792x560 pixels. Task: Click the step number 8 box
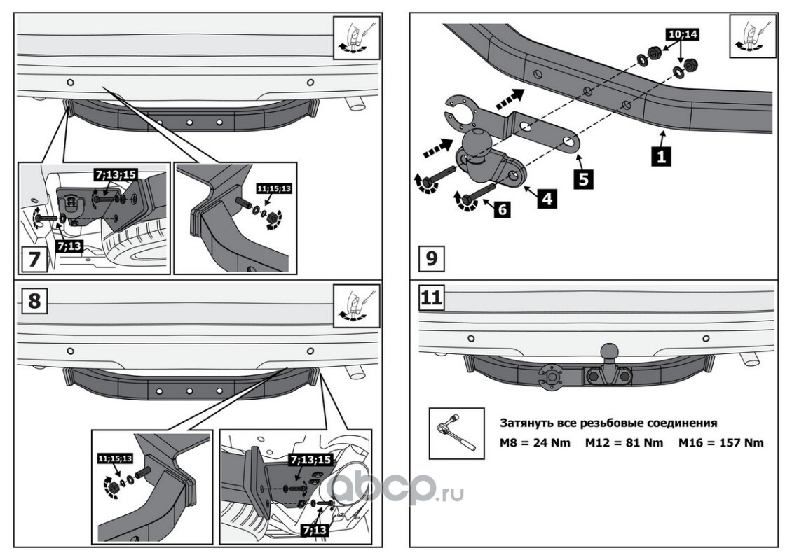click(x=34, y=300)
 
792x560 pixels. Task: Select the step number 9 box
click(x=430, y=258)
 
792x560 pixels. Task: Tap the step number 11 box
click(x=431, y=297)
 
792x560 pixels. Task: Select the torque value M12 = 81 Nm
click(x=624, y=442)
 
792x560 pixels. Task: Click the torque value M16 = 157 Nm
click(x=721, y=442)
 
